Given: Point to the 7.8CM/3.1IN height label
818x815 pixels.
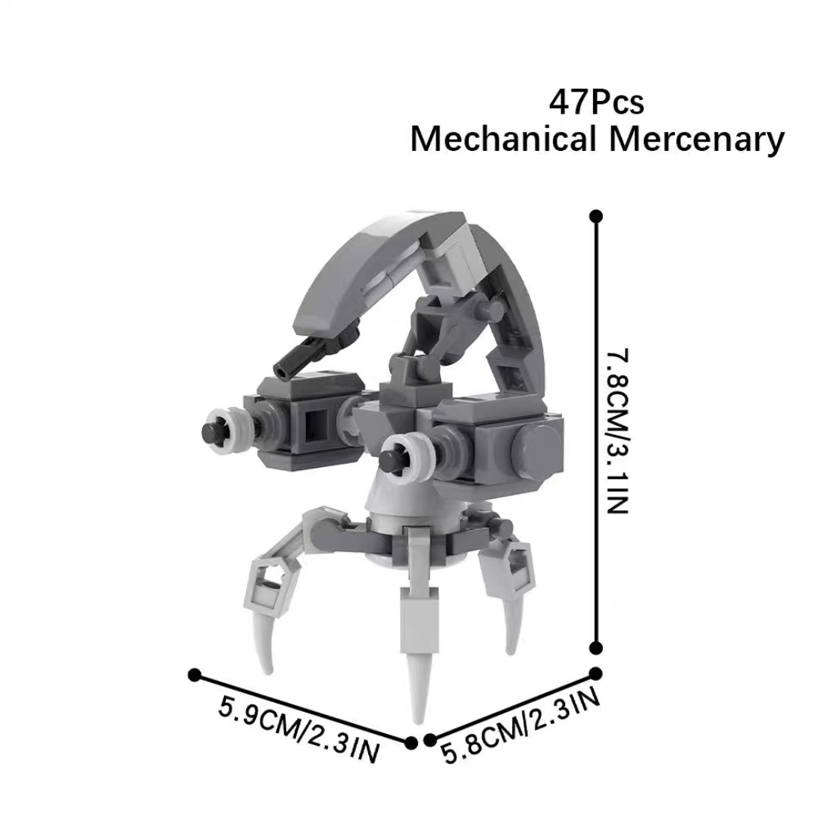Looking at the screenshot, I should (x=619, y=431).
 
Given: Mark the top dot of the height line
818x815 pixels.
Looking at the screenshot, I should (x=596, y=216).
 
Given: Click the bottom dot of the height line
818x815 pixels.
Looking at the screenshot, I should (x=596, y=647).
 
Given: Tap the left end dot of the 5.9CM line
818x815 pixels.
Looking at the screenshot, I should (x=194, y=674).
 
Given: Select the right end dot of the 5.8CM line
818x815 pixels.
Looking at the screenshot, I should (x=596, y=672).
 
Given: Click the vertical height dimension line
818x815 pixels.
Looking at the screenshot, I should (x=596, y=432).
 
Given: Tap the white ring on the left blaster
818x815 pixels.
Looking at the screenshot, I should (x=227, y=431).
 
